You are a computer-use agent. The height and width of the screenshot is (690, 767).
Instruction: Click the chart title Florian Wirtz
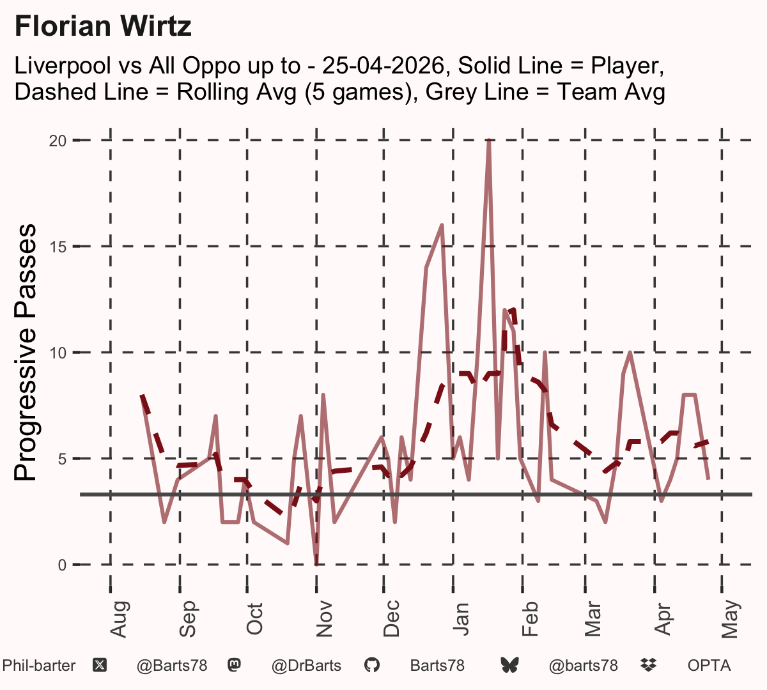pos(103,26)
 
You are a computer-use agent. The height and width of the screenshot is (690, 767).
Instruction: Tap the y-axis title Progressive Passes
pos(25,352)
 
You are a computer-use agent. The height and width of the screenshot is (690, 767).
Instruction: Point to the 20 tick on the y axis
pos(58,141)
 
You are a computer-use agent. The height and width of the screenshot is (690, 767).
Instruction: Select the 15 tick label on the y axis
pos(58,247)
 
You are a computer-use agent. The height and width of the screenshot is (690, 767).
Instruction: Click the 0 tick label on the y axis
pos(63,565)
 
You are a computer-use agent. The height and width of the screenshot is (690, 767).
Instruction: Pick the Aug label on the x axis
pos(119,619)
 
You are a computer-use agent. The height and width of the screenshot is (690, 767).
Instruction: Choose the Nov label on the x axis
pos(324,619)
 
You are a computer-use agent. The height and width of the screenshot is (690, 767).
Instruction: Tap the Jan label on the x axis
pos(461,619)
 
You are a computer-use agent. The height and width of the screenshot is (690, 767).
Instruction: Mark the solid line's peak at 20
pos(489,141)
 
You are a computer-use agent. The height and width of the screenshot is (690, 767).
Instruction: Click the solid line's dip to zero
pos(316,563)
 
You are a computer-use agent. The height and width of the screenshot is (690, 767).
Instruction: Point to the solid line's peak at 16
pos(442,225)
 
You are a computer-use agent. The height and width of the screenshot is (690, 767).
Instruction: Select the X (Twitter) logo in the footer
pos(100,666)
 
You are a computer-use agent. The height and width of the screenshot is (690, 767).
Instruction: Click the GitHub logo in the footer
pos(371,666)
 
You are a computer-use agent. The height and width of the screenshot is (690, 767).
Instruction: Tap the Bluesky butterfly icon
pos(509,666)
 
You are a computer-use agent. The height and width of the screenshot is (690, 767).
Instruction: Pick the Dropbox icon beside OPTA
pos(649,665)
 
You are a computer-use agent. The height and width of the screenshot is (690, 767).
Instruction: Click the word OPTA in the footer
pos(709,666)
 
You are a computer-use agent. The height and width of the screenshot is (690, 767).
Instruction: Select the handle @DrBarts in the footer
pos(306,666)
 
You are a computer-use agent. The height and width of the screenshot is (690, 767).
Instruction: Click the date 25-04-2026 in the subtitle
pos(383,66)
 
